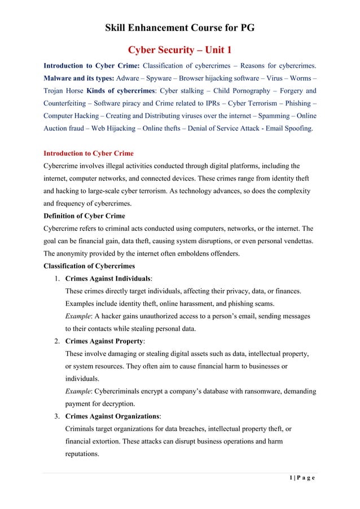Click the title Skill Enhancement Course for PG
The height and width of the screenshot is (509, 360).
tap(180, 28)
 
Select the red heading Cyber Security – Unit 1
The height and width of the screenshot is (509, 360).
tap(180, 50)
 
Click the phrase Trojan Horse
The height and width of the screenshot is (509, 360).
tap(63, 90)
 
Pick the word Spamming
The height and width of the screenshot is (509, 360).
tap(270, 116)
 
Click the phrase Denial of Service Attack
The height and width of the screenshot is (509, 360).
tap(212, 128)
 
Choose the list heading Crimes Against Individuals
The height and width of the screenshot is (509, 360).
tap(107, 278)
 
